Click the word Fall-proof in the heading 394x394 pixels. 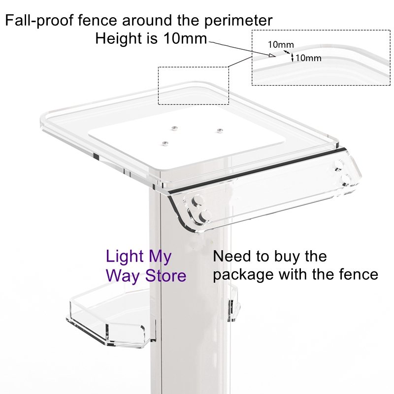pos(39,20)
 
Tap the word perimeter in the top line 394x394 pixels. pos(238,21)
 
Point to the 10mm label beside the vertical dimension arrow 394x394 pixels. pos(308,58)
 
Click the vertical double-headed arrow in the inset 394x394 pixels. pos(292,57)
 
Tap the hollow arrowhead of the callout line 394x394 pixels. pos(272,55)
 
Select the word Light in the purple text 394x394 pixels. pos(125,257)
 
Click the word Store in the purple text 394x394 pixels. pos(166,276)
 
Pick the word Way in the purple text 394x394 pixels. pos(123,277)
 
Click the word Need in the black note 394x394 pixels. pos(232,256)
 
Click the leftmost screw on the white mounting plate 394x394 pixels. pos(165,143)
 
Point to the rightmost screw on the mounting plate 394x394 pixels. pos(220,131)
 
